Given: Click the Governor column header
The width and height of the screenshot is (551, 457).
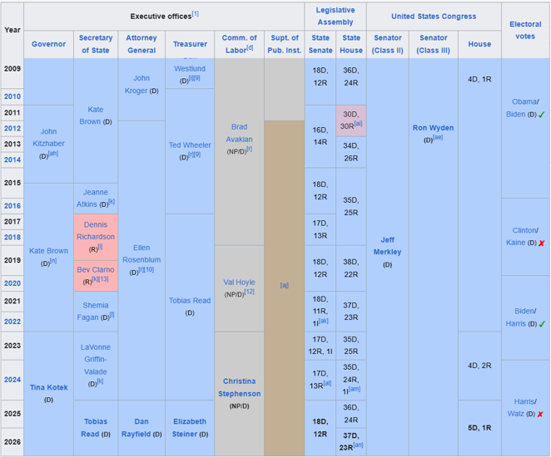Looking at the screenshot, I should coord(48,44).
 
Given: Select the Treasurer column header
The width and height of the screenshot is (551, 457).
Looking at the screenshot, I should coord(191,44).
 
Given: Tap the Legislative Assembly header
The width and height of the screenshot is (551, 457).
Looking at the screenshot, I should coord(335,16).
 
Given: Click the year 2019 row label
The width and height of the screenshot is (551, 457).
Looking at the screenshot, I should coord(12,260).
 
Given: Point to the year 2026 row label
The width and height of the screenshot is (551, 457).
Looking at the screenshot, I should coord(12,441).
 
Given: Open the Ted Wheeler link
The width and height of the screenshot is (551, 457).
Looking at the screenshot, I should coord(190,145).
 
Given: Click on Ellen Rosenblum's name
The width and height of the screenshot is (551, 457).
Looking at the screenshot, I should coord(141,253).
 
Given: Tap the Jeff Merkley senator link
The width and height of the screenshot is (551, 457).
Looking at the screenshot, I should coord(387,245).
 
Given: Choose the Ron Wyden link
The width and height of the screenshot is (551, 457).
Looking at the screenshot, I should coord(433,128).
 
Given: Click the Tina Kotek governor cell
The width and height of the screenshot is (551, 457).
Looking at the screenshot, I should coord(48,387).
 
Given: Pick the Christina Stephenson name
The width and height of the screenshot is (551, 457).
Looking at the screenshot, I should coord(240,387).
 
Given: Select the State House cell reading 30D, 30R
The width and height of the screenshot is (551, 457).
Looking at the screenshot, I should coord(351,119).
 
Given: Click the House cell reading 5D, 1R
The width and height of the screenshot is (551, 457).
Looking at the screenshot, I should coord(479,428).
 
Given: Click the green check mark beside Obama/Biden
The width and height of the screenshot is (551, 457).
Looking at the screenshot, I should coord(541,115).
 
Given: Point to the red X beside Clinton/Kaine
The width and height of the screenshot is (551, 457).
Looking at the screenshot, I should coord(541,243).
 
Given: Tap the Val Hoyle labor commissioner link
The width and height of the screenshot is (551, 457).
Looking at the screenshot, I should coord(239,283).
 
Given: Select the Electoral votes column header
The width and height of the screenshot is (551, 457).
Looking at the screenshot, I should coord(525,30).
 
